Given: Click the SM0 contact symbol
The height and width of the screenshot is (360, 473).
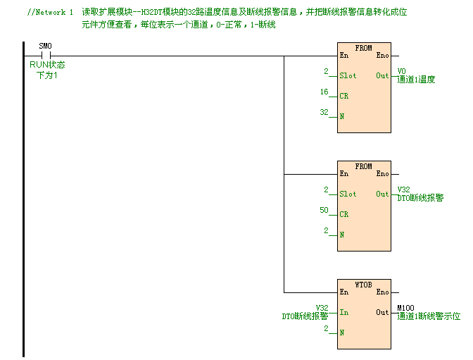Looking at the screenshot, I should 45,55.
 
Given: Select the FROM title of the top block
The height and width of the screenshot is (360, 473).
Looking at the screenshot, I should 363,47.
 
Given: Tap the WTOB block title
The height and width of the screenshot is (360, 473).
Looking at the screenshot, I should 363,285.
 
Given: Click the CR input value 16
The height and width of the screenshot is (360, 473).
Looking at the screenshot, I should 324,92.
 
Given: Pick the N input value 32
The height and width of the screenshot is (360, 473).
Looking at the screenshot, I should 324,112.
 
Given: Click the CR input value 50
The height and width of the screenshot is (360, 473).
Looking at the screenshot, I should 324,211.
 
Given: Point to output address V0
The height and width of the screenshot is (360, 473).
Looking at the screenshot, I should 401,71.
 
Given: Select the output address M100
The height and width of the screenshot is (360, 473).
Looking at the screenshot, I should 405,308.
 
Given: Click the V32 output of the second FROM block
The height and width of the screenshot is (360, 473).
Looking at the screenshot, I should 403,190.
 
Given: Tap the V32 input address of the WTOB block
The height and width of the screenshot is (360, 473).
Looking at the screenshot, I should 322,308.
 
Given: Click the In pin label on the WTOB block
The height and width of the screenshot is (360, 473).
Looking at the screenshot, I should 343,312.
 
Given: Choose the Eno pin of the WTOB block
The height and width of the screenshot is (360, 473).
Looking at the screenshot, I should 382,292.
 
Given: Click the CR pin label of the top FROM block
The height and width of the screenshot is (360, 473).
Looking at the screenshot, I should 343,96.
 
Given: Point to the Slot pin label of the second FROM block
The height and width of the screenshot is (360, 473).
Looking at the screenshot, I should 348,194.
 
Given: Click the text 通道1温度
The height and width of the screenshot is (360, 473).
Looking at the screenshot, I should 416,80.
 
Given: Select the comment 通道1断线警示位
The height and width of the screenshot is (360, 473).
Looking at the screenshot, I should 429,316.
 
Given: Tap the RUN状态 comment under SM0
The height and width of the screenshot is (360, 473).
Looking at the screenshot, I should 47,66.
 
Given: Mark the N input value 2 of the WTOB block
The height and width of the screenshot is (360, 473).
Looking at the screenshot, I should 326,328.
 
